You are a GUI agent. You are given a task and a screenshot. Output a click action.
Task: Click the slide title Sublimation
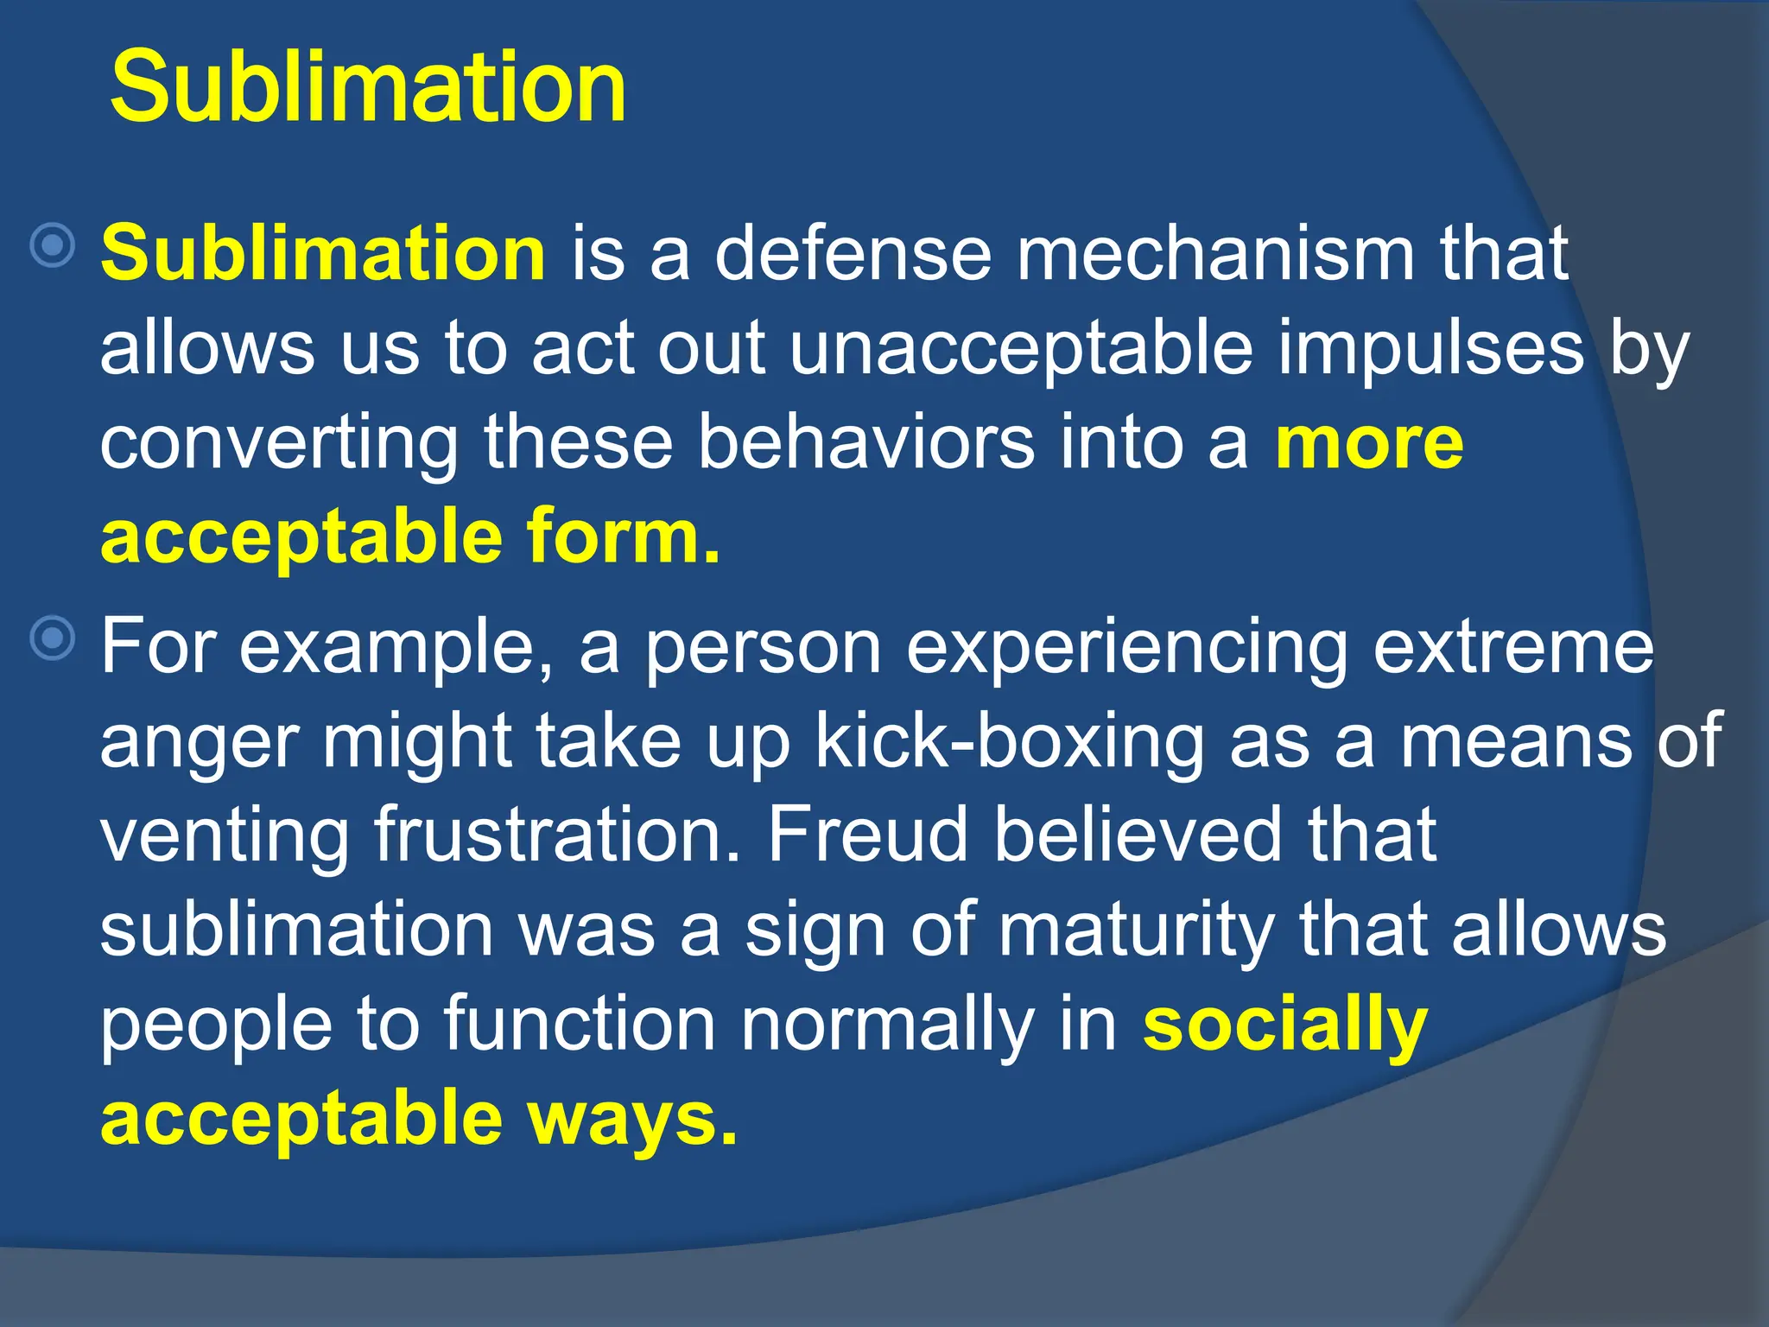(368, 87)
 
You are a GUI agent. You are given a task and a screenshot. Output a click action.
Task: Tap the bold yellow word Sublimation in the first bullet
(323, 253)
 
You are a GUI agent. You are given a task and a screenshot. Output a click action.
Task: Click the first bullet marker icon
(53, 246)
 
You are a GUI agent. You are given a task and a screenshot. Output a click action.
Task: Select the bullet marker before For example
(53, 639)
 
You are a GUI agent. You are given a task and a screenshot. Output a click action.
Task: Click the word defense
(853, 253)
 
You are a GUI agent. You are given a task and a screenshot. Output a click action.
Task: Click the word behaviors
(866, 442)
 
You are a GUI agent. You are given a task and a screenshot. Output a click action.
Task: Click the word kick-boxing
(1010, 742)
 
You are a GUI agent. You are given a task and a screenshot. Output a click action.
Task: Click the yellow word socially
(1284, 1026)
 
